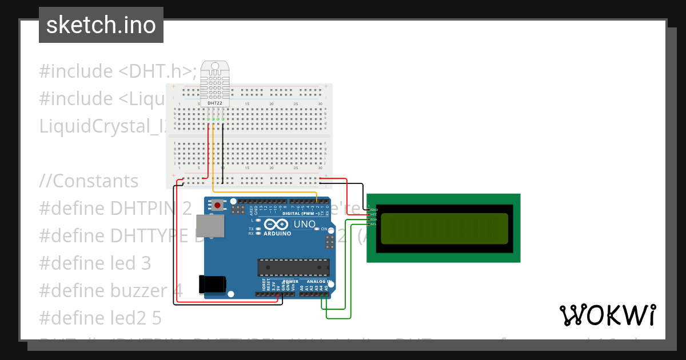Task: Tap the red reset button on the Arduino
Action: pyautogui.click(x=218, y=205)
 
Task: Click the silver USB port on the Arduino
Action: pyautogui.click(x=210, y=226)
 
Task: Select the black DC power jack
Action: pyautogui.click(x=212, y=285)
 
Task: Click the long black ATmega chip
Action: pyautogui.click(x=293, y=267)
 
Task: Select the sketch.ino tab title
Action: pyautogui.click(x=101, y=25)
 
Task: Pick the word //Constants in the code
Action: pyautogui.click(x=89, y=181)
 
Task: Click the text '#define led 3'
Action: pyautogui.click(x=95, y=263)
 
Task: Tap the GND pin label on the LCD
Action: pyautogui.click(x=374, y=210)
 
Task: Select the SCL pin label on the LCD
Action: pyautogui.click(x=374, y=224)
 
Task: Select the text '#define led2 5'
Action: pyautogui.click(x=101, y=318)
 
